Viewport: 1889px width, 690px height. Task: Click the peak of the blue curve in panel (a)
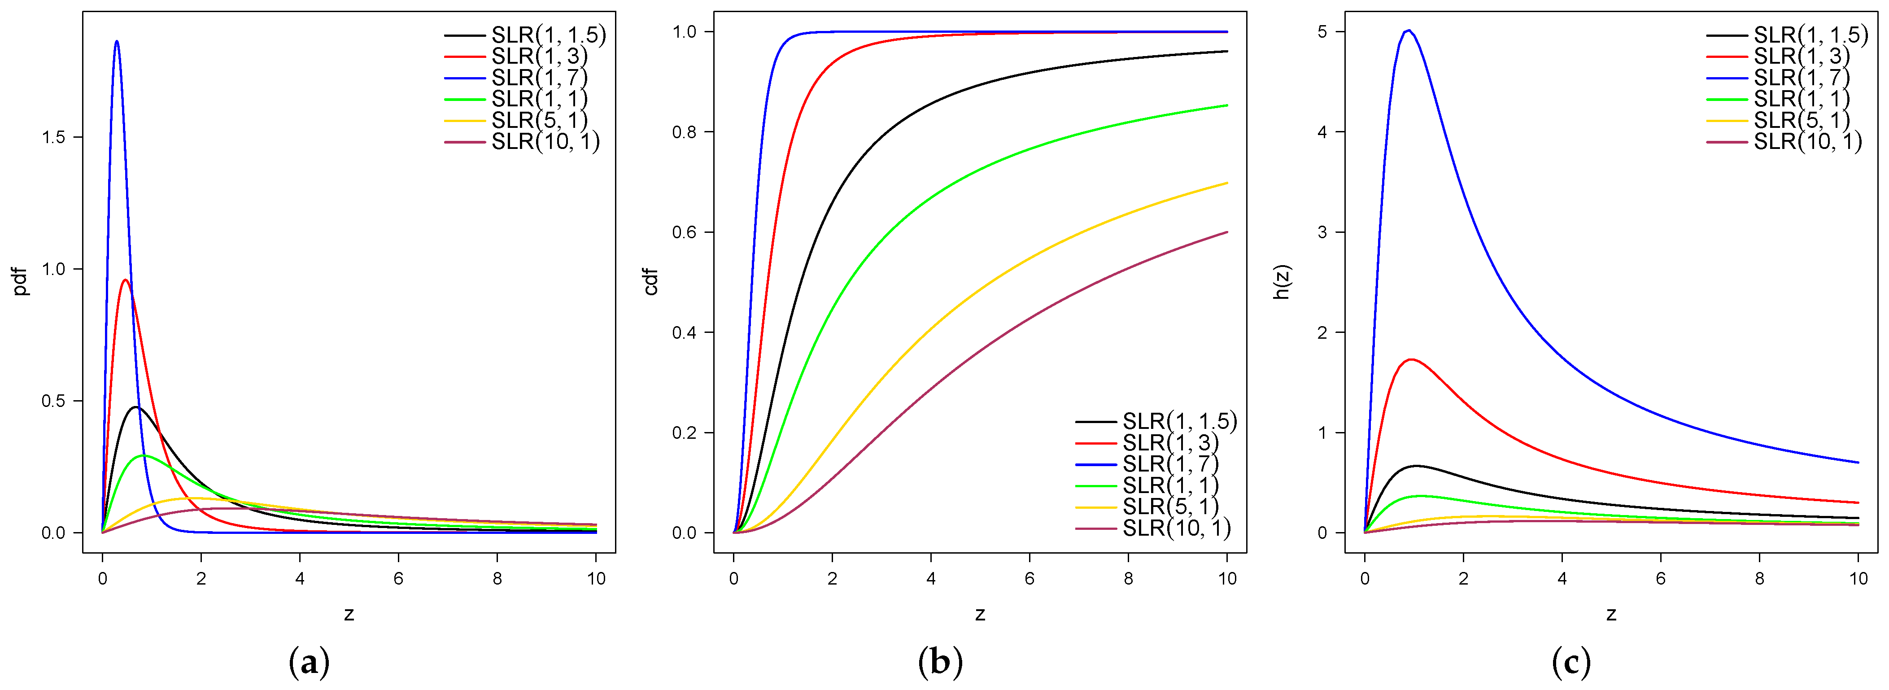(x=117, y=41)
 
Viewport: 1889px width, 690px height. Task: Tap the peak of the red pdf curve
(x=126, y=279)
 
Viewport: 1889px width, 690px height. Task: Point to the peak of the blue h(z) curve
(x=1408, y=30)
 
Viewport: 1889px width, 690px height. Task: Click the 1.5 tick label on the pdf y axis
(x=53, y=137)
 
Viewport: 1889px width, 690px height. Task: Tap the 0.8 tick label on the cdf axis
(x=684, y=132)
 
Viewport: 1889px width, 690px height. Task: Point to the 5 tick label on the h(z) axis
(x=1322, y=31)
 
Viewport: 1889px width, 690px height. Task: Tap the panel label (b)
(x=940, y=662)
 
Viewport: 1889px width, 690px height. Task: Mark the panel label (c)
(x=1571, y=662)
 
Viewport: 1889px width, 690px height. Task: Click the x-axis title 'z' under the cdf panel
(x=980, y=614)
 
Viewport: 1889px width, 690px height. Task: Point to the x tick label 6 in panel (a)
(x=398, y=579)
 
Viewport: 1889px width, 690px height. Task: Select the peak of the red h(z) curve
(x=1410, y=359)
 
